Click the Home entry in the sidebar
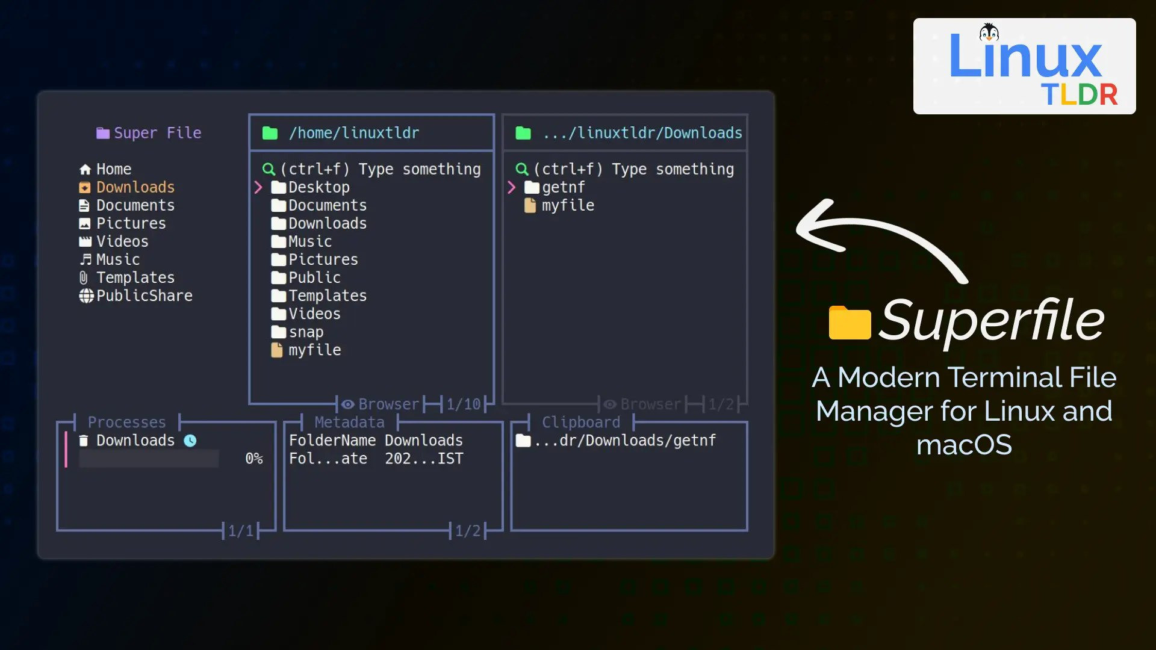(x=105, y=169)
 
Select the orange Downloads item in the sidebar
(x=126, y=187)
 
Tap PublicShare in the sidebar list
(x=136, y=296)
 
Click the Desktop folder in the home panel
(x=310, y=187)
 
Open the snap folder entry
(x=297, y=332)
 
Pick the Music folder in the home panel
(x=302, y=241)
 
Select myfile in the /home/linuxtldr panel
(x=306, y=350)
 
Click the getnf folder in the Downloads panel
(x=555, y=187)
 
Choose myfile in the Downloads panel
(x=559, y=205)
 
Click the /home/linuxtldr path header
(x=354, y=133)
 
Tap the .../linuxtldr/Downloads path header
(x=642, y=133)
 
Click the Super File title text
(x=158, y=133)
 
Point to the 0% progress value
(x=254, y=459)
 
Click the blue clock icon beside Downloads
(x=190, y=441)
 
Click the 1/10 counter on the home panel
(x=464, y=404)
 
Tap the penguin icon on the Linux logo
(x=989, y=32)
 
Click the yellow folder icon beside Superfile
(x=850, y=323)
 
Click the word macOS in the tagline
(x=964, y=445)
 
